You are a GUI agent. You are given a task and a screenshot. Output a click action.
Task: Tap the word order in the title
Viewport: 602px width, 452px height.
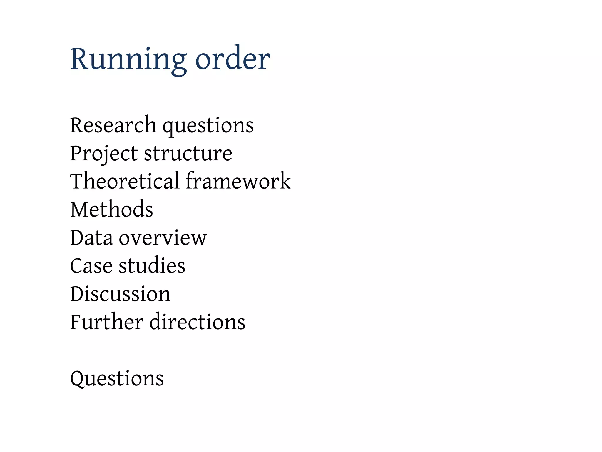[233, 59]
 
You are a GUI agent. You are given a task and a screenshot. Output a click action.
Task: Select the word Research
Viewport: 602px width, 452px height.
[113, 125]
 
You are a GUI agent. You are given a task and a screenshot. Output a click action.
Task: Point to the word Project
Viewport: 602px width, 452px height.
[104, 154]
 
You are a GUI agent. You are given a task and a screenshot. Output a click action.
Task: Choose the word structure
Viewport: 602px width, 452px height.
[188, 154]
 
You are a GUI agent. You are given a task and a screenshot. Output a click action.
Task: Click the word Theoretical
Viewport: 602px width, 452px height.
[125, 181]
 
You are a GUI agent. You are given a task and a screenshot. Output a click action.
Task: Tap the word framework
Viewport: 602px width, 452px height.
[238, 181]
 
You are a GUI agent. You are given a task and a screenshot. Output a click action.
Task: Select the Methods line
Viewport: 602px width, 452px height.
[112, 209]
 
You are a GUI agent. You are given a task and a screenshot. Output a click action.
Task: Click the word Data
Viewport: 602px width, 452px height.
[91, 237]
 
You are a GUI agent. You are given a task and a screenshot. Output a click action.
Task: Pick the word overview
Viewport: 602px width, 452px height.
[163, 238]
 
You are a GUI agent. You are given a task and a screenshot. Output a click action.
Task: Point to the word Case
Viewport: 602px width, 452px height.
[91, 266]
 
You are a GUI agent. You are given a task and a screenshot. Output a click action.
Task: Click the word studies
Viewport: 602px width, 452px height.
[152, 265]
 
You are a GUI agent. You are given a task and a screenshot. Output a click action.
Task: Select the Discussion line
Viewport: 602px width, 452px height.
[120, 294]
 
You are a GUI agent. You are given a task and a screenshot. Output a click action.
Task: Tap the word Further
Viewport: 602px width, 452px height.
[106, 322]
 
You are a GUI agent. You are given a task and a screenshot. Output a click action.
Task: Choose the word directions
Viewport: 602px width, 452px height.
[197, 322]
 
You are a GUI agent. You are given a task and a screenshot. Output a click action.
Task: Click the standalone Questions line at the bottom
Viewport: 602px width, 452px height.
[117, 378]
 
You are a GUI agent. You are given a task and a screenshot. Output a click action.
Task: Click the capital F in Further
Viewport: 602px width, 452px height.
[76, 322]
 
